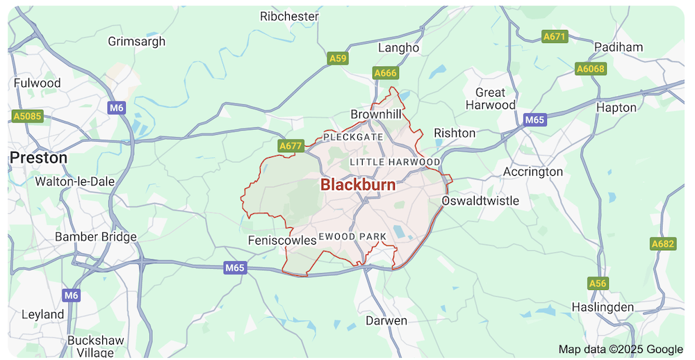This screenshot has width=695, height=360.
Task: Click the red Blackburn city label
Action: (358, 185)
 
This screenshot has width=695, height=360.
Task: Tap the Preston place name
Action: (39, 158)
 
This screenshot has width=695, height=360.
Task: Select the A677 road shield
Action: (290, 146)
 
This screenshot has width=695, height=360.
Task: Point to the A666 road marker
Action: (384, 72)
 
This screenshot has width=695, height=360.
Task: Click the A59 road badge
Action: (338, 59)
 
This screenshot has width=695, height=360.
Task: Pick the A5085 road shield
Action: (28, 116)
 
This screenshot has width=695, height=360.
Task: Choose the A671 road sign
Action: (555, 36)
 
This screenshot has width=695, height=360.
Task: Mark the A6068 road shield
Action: (591, 69)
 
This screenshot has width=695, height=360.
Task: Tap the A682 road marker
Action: (663, 244)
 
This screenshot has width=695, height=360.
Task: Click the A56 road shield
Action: (597, 284)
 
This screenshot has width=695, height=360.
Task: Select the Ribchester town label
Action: (289, 16)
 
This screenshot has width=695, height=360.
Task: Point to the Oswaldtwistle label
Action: (480, 201)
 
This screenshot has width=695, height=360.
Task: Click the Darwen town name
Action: (386, 321)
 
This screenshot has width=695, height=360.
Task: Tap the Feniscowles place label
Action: (282, 240)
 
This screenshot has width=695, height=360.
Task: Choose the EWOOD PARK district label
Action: (353, 237)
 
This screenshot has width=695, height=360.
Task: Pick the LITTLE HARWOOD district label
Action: (395, 162)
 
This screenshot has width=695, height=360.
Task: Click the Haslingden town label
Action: (603, 306)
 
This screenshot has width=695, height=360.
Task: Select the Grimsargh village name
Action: (137, 41)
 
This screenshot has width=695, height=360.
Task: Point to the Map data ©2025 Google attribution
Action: (621, 349)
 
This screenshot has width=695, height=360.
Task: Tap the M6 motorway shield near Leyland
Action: (71, 295)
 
